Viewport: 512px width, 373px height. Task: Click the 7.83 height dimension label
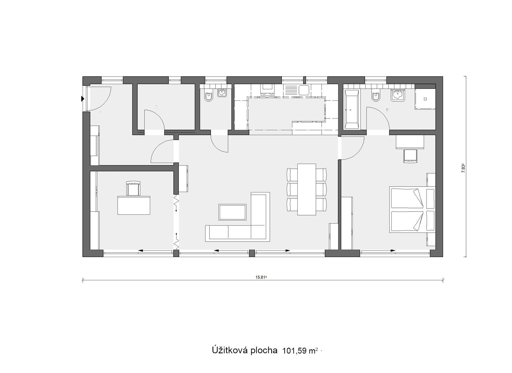[463, 168]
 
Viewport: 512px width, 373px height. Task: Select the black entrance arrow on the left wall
[83, 99]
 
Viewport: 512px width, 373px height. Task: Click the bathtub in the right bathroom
[351, 110]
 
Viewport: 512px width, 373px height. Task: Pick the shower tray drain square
[425, 99]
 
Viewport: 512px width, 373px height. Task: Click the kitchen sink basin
[304, 90]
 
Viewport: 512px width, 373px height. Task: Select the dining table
[307, 189]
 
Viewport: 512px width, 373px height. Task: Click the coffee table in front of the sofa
[232, 212]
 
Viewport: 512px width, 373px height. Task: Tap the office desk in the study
[134, 205]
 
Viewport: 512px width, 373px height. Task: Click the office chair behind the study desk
[133, 188]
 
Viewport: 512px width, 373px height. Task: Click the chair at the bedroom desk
[410, 156]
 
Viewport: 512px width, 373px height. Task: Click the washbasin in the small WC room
[222, 93]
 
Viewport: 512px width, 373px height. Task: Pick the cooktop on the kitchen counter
[267, 90]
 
